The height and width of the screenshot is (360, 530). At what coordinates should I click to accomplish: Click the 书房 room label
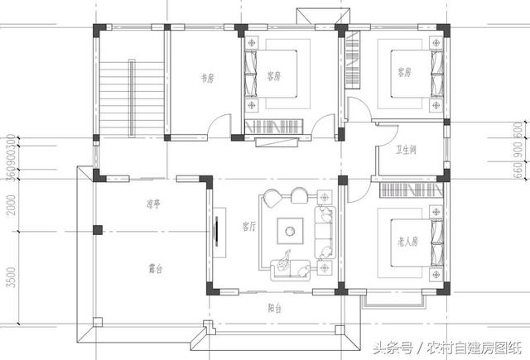(207, 79)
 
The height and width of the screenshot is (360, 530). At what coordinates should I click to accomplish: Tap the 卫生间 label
(406, 150)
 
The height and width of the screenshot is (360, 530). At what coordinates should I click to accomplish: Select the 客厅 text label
(247, 225)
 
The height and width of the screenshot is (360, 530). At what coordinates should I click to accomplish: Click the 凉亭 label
(152, 203)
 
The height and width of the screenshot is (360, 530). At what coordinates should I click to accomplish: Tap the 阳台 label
(276, 307)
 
